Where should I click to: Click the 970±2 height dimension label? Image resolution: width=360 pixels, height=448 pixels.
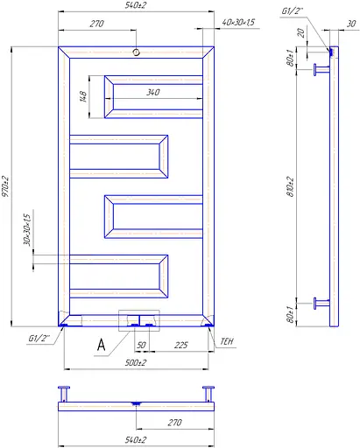[x=7, y=187]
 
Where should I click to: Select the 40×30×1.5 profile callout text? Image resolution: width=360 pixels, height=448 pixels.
[x=239, y=22]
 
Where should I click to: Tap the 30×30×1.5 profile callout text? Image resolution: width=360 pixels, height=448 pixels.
[x=27, y=229]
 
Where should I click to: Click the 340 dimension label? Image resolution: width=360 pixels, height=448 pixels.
[x=152, y=90]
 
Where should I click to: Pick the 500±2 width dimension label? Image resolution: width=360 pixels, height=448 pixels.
[x=135, y=361]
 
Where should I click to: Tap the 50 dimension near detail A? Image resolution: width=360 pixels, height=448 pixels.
[x=141, y=345]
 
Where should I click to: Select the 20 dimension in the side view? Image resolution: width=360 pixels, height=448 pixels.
[x=300, y=34]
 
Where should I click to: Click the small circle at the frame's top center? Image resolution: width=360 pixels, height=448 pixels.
[x=136, y=53]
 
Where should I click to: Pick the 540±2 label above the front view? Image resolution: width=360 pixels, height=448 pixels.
[x=135, y=6]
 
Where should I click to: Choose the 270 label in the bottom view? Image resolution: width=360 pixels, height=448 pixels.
[x=175, y=422]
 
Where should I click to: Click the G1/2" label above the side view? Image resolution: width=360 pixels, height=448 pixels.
[x=292, y=11]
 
